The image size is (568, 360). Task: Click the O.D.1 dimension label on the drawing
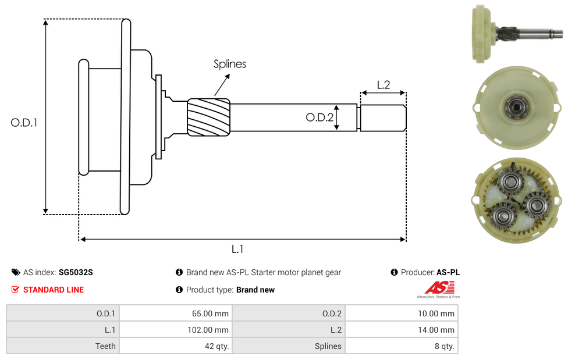24,123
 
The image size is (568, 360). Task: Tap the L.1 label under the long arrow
237,249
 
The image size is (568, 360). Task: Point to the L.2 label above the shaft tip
383,85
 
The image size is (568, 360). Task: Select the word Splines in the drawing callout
229,64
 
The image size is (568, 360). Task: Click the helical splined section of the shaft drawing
208,118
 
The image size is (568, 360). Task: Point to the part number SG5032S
76,272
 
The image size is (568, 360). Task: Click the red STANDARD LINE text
54,290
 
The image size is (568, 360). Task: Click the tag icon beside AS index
15,272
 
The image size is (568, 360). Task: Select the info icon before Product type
179,290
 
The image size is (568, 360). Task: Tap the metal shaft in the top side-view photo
535,32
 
